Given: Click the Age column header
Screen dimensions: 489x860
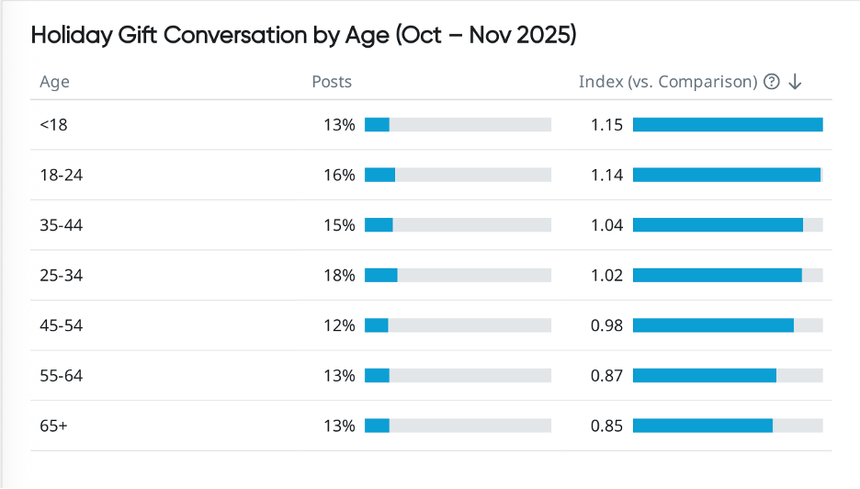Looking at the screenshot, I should tap(54, 82).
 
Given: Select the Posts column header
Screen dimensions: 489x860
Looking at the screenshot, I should tap(332, 82).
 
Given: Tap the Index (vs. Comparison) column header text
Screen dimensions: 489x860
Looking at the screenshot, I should tap(667, 82).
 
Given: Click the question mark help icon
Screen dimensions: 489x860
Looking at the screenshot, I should tap(772, 82).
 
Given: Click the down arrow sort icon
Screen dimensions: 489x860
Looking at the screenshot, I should tap(796, 82).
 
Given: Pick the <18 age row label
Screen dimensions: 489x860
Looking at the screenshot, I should tap(53, 125).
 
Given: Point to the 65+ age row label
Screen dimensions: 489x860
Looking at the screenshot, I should tap(53, 426).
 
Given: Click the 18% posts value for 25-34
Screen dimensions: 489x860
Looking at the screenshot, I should tap(339, 275).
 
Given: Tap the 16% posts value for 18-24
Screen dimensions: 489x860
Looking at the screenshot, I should tap(339, 175).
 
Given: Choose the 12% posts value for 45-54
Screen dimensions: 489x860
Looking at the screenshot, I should tap(339, 325).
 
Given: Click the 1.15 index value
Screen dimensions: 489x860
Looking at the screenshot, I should tap(606, 125).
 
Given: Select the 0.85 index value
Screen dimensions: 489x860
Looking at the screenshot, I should tap(606, 426).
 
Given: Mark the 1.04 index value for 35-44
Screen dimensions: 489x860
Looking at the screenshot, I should tap(606, 225).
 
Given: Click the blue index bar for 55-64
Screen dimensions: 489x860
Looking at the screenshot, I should tap(704, 375).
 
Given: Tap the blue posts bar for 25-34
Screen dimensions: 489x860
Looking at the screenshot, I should tap(380, 275).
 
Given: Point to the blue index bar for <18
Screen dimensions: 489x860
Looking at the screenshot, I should tap(727, 125).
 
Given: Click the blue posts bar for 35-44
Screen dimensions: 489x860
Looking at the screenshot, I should tap(379, 225).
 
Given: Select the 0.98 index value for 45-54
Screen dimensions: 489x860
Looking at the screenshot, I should tap(606, 325).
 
